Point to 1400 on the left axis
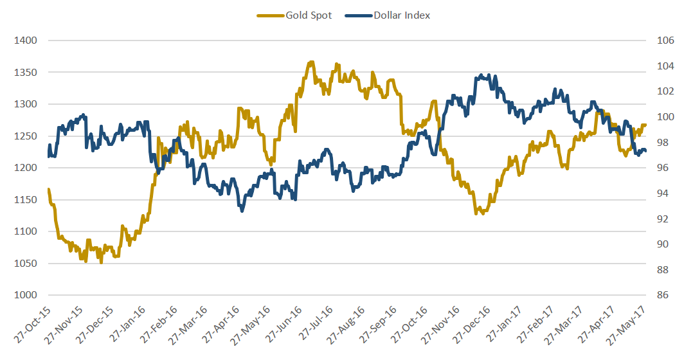click(26, 40)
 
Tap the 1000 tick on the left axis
click(26, 295)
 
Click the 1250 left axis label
click(26, 136)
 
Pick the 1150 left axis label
click(26, 200)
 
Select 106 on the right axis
click(663, 40)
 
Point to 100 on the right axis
click(663, 117)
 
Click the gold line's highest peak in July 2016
click(312, 62)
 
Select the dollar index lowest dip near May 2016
click(242, 210)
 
